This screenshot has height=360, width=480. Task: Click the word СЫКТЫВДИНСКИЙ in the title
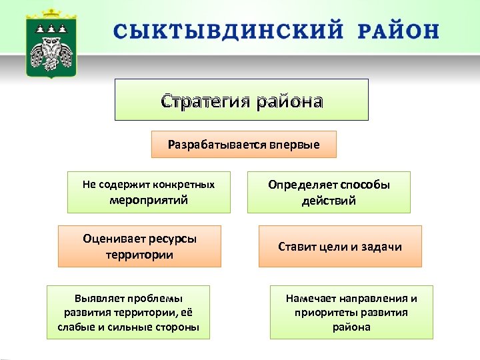228,31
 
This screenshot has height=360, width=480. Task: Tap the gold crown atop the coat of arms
51,15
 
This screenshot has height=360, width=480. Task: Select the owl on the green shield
51,55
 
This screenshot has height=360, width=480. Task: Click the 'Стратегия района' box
241,100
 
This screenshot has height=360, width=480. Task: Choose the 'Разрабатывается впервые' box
243,144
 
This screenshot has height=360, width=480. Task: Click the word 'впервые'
295,145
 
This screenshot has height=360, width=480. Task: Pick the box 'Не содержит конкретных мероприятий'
149,192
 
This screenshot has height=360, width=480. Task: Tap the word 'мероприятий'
149,200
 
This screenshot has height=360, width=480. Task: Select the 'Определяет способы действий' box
329,192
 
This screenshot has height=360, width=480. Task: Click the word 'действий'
329,201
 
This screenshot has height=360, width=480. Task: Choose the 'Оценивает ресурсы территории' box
139,246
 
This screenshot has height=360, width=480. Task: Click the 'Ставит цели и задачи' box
340,246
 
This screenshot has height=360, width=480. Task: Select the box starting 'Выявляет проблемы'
128,312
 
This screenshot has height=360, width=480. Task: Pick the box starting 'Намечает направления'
351,312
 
